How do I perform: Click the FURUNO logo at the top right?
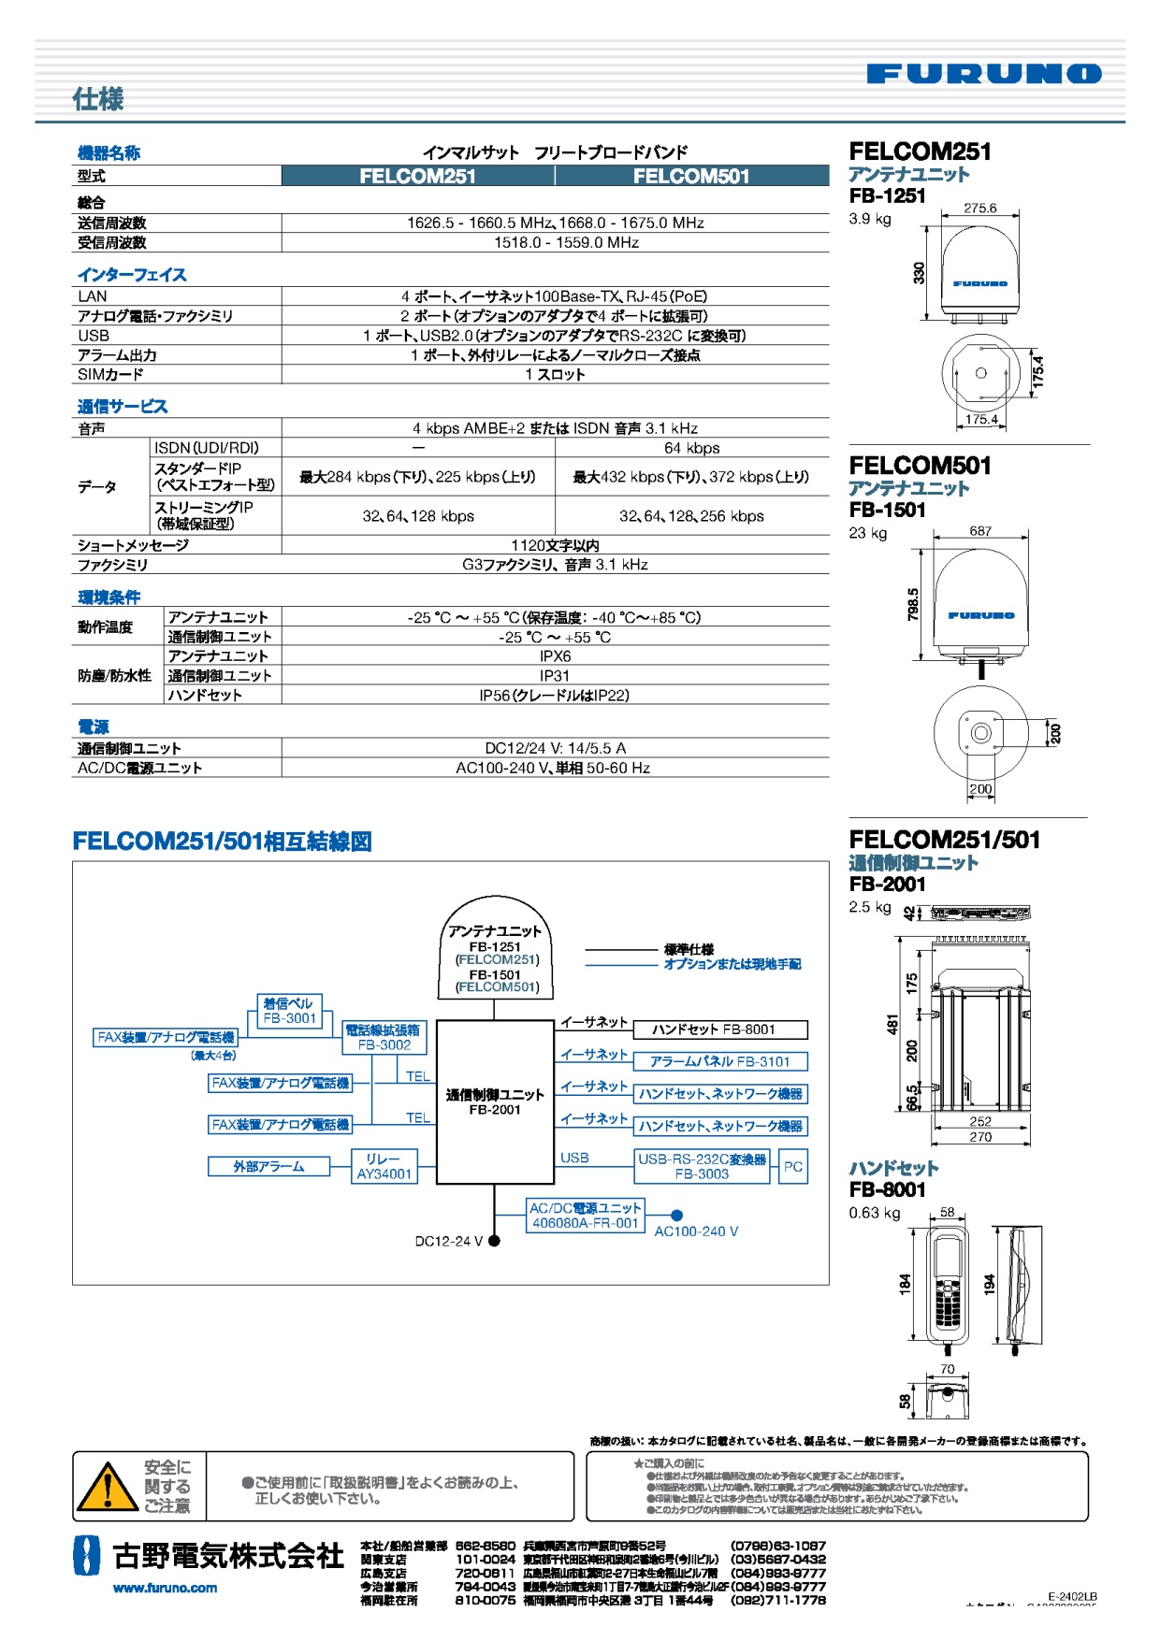click(983, 74)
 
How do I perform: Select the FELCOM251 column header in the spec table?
click(417, 176)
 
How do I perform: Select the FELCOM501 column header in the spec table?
click(691, 176)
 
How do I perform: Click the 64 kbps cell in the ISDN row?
click(691, 448)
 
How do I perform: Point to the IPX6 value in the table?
click(555, 656)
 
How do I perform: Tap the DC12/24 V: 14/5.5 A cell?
click(555, 748)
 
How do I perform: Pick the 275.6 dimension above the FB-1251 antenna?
click(979, 209)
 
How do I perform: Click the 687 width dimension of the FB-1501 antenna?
click(979, 531)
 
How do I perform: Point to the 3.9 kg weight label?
click(870, 219)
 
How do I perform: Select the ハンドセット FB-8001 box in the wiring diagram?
click(719, 1029)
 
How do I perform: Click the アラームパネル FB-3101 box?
click(719, 1061)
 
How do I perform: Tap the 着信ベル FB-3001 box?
click(289, 1011)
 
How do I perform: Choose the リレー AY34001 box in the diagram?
click(384, 1166)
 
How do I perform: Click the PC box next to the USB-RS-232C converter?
click(792, 1166)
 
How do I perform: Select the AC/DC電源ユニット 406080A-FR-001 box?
click(586, 1216)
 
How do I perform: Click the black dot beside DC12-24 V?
click(494, 1241)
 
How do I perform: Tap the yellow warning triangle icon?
click(107, 1486)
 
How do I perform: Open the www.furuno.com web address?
click(165, 1588)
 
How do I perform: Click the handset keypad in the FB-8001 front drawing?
click(947, 1299)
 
